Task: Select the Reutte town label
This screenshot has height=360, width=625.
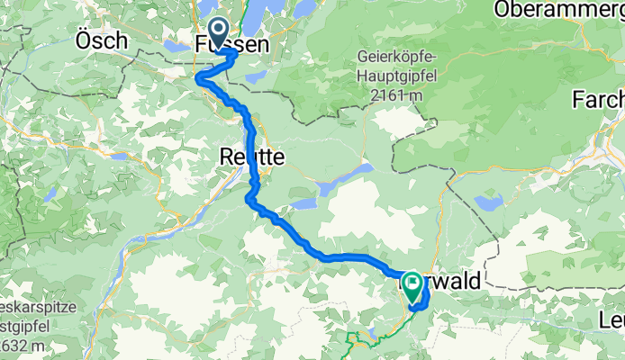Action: point(251,157)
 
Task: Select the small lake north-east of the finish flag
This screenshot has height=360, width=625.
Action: point(490,203)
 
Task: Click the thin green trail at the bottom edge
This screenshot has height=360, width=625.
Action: point(360,339)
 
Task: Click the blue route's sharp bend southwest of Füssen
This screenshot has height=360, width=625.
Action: point(199,81)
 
